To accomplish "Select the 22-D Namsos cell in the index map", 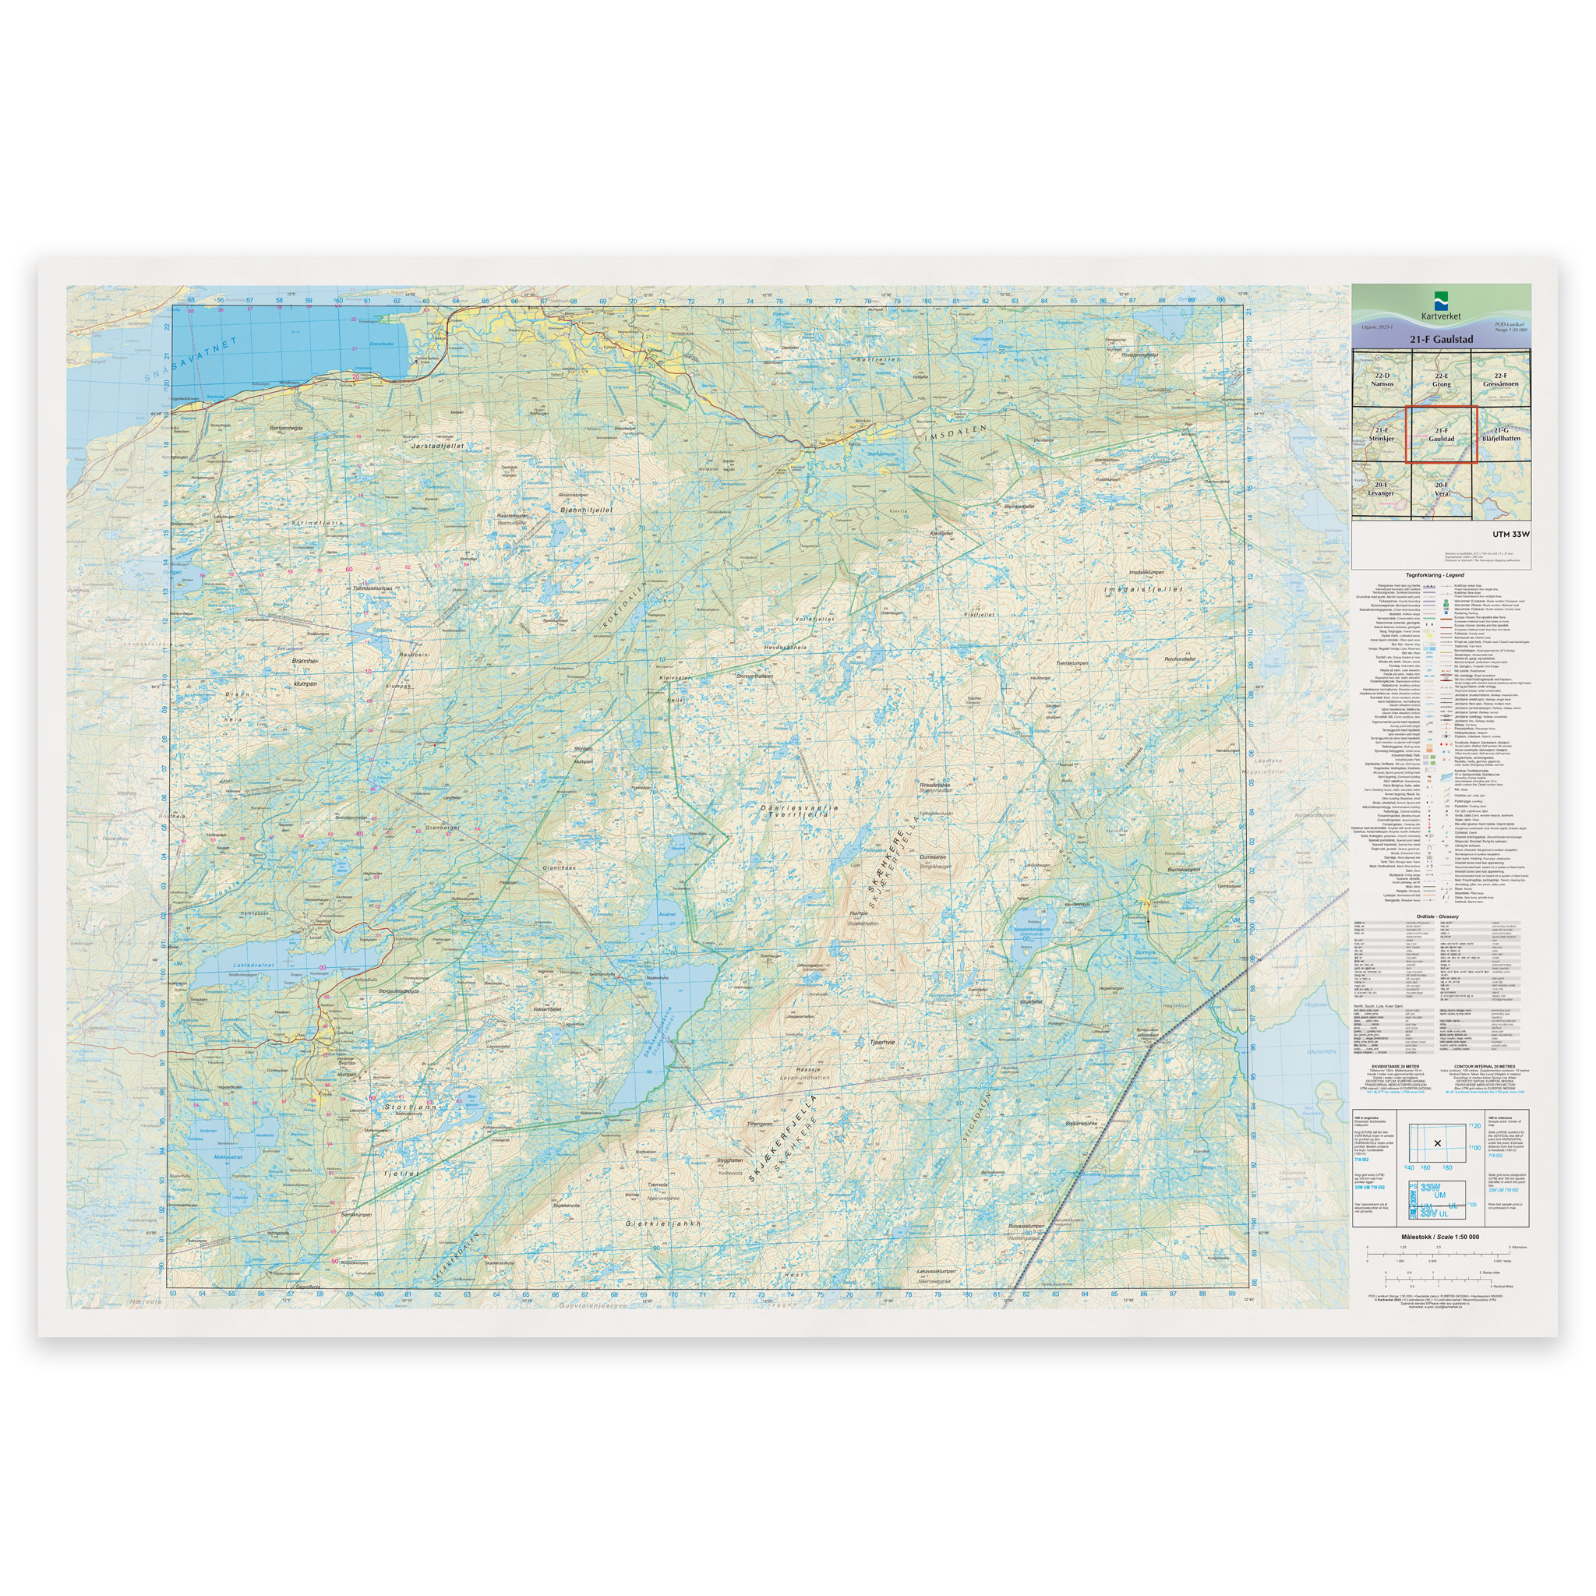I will tap(1381, 380).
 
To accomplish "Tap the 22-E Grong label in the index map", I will tap(1441, 380).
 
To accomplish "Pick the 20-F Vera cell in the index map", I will tap(1442, 489).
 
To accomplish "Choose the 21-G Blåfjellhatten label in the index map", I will tap(1501, 435).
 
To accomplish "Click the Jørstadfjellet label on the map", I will tap(437, 445).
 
